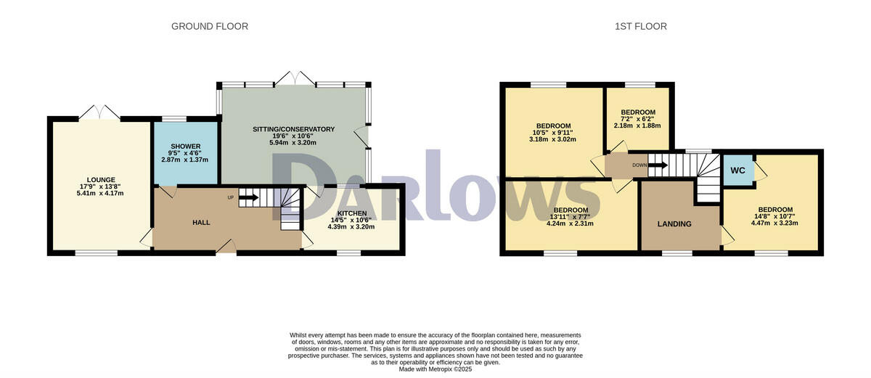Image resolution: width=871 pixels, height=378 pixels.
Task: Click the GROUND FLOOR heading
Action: pyautogui.click(x=210, y=26)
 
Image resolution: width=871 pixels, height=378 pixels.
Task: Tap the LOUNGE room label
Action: pyautogui.click(x=101, y=180)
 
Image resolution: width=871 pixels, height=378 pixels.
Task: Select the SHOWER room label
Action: pyautogui.click(x=184, y=147)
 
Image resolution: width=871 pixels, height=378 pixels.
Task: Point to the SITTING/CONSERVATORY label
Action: pyautogui.click(x=293, y=129)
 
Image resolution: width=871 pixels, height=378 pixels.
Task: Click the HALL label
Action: pyautogui.click(x=201, y=222)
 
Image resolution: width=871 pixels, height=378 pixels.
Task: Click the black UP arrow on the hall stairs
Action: pyautogui.click(x=248, y=197)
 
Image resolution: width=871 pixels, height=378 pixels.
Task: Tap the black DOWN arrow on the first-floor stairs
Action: pyautogui.click(x=658, y=165)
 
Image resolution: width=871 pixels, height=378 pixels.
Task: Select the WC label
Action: pyautogui.click(x=738, y=171)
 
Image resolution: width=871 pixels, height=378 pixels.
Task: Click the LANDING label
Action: pyautogui.click(x=674, y=223)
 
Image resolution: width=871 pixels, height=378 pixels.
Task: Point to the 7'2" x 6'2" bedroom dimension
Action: pyautogui.click(x=637, y=119)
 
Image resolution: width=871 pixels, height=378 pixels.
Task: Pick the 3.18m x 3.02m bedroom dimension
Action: pyautogui.click(x=552, y=139)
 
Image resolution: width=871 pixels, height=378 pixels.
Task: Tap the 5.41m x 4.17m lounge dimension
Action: pyautogui.click(x=101, y=193)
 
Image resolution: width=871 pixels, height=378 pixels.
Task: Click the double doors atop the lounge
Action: pyautogui.click(x=99, y=112)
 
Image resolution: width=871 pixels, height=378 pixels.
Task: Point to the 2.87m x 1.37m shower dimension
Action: pyautogui.click(x=184, y=158)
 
